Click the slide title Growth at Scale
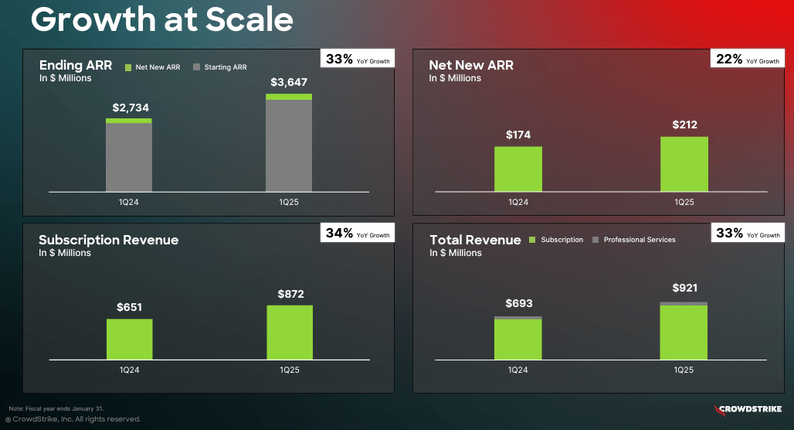pyautogui.click(x=161, y=19)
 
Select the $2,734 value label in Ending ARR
pyautogui.click(x=131, y=107)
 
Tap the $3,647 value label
pyautogui.click(x=289, y=82)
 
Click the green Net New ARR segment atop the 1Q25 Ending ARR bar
pyautogui.click(x=289, y=97)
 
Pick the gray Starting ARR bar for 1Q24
pyautogui.click(x=129, y=157)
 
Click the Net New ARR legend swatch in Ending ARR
pyautogui.click(x=129, y=67)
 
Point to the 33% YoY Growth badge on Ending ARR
pyautogui.click(x=358, y=60)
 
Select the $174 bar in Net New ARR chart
pyautogui.click(x=518, y=169)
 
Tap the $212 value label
pyautogui.click(x=685, y=125)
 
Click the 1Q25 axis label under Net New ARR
pyautogui.click(x=684, y=202)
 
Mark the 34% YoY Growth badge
pyautogui.click(x=358, y=234)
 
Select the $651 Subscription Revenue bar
pyautogui.click(x=130, y=339)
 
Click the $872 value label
pyautogui.click(x=290, y=294)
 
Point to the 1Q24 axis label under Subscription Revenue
pyautogui.click(x=129, y=370)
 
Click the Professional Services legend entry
pyautogui.click(x=634, y=240)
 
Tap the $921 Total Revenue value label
pyautogui.click(x=685, y=288)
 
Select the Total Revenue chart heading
pyautogui.click(x=475, y=241)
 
